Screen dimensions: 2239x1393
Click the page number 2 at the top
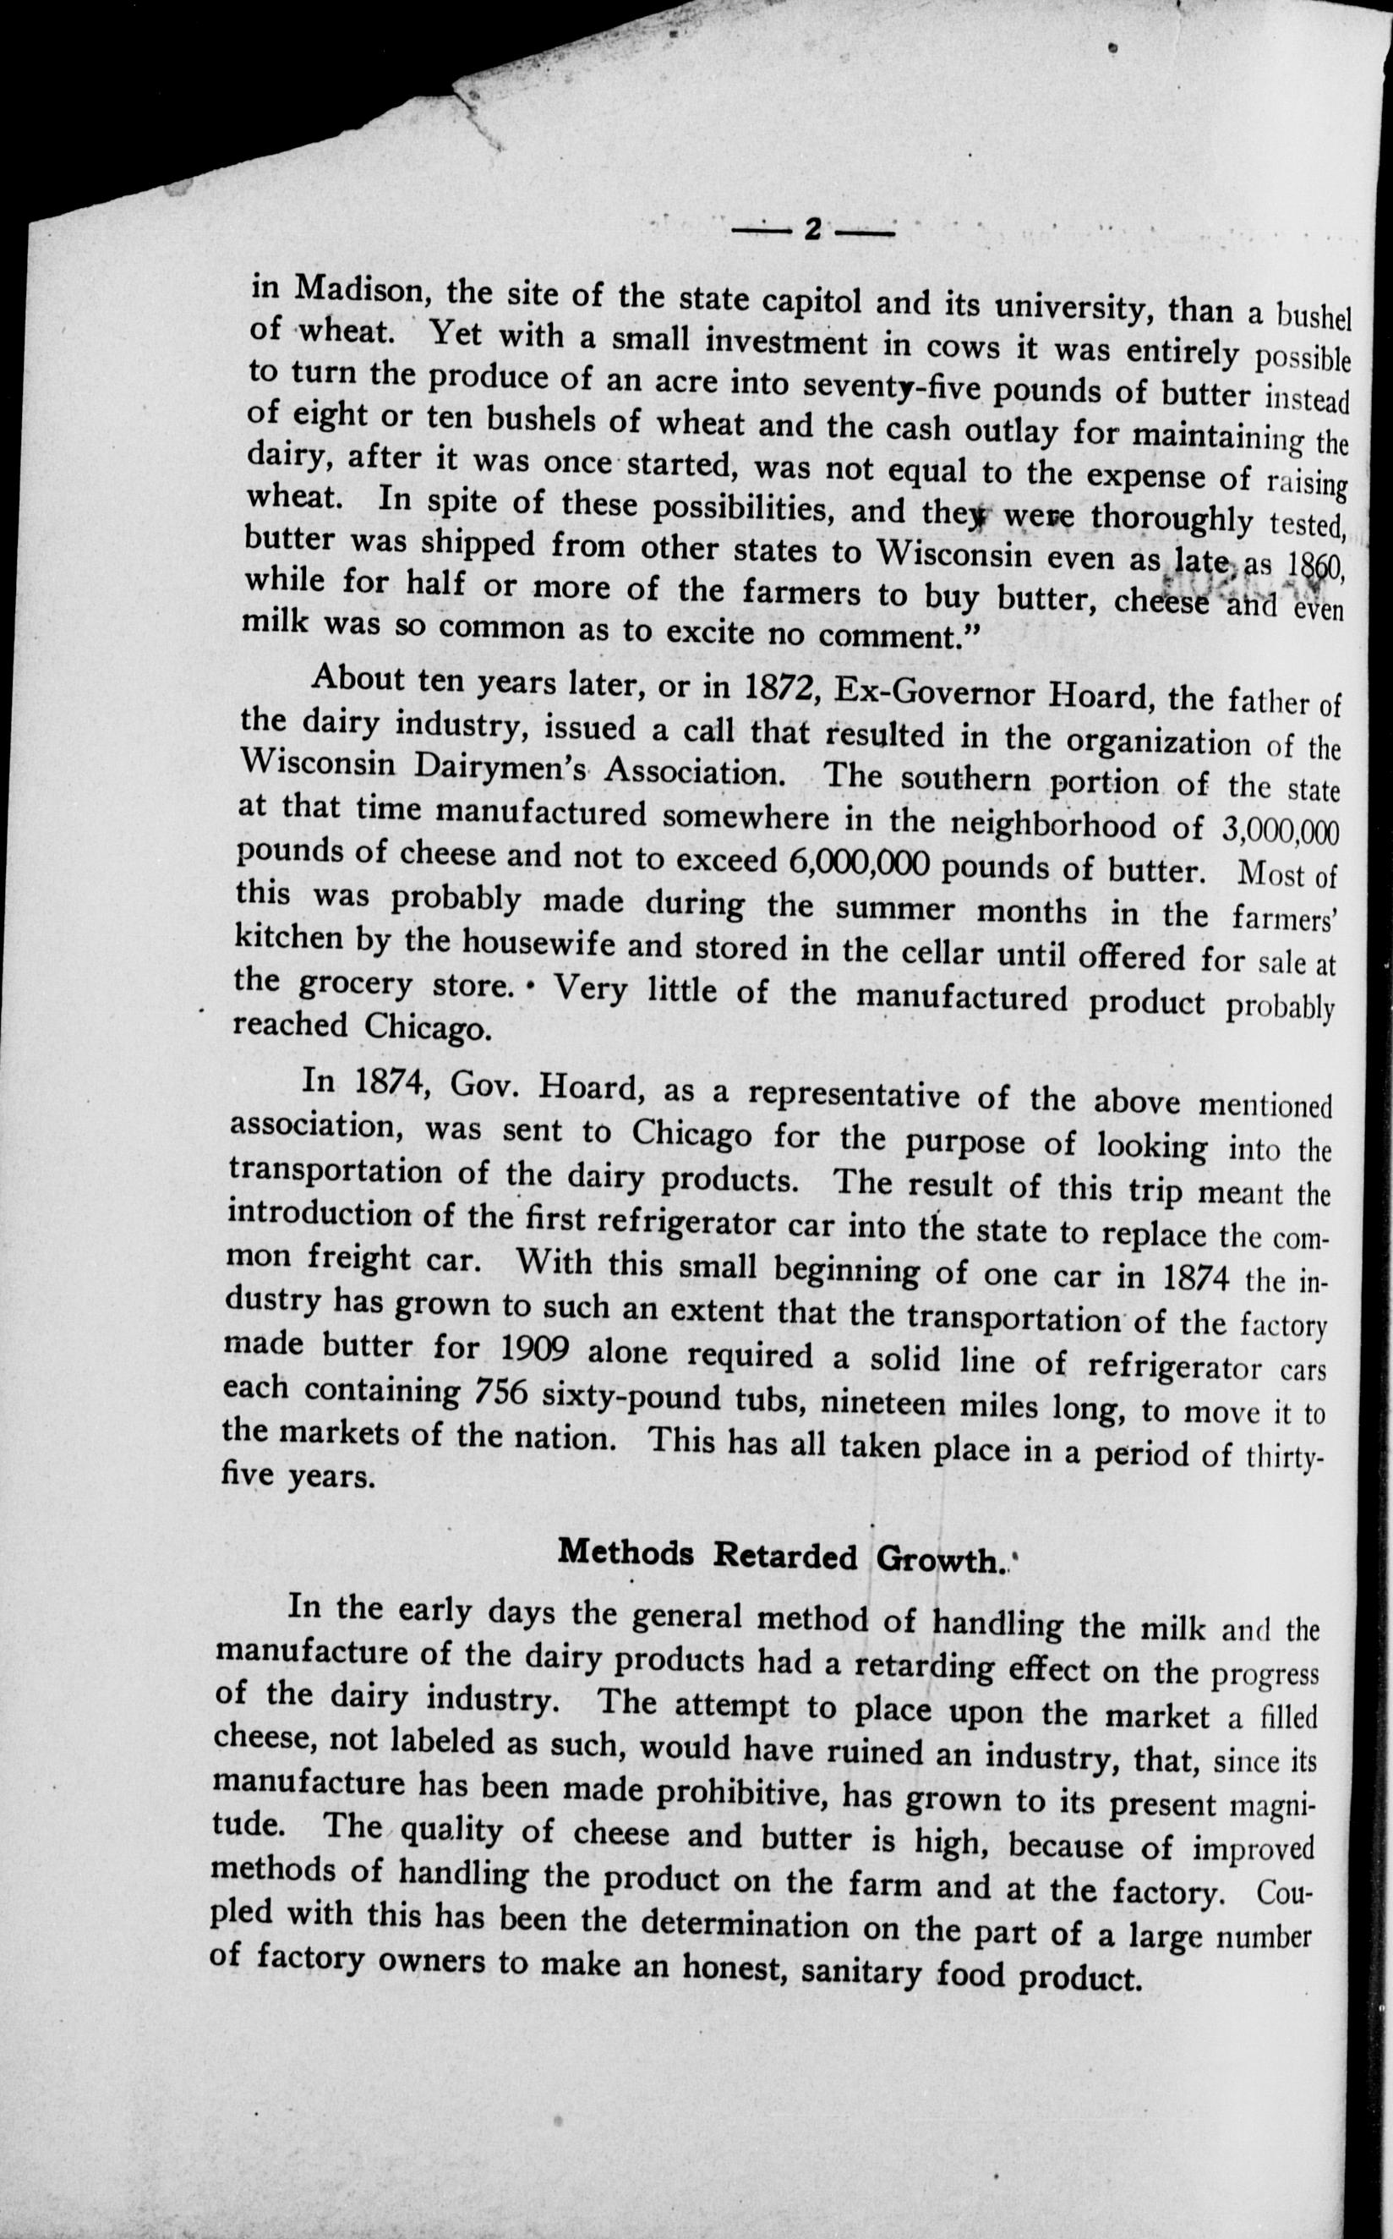[812, 228]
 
